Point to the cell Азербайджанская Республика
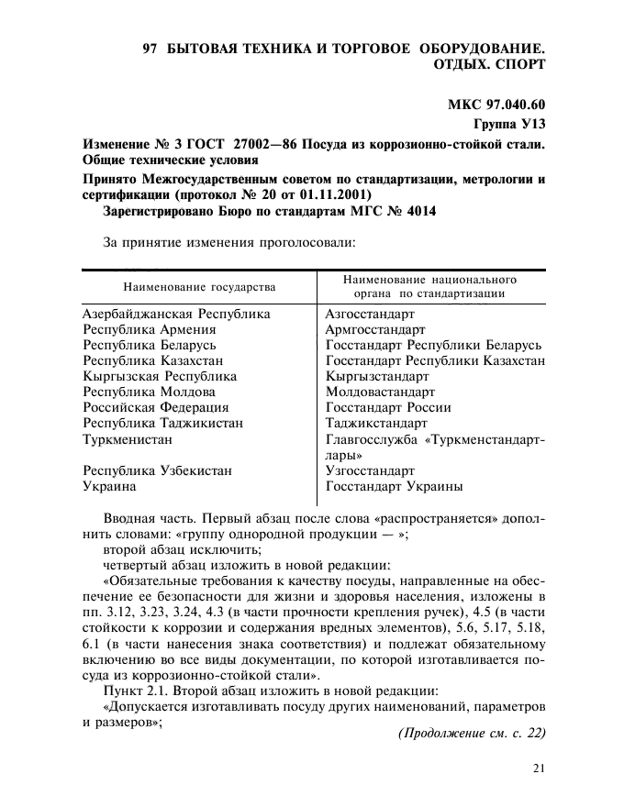point(176,314)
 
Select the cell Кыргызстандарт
point(377,376)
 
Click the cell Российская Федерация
point(156,407)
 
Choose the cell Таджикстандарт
point(376,423)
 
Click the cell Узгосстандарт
point(370,470)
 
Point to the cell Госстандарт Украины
point(394,486)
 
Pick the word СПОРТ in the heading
point(520,64)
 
